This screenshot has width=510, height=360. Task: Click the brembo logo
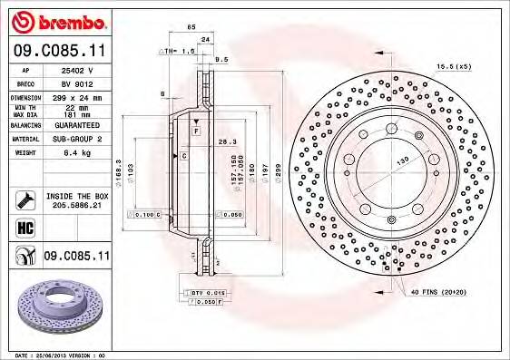click(x=57, y=20)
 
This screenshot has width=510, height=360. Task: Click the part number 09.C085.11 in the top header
click(x=57, y=51)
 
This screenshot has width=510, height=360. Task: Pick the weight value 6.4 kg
click(x=73, y=153)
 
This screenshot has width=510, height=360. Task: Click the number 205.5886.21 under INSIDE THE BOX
click(x=76, y=206)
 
